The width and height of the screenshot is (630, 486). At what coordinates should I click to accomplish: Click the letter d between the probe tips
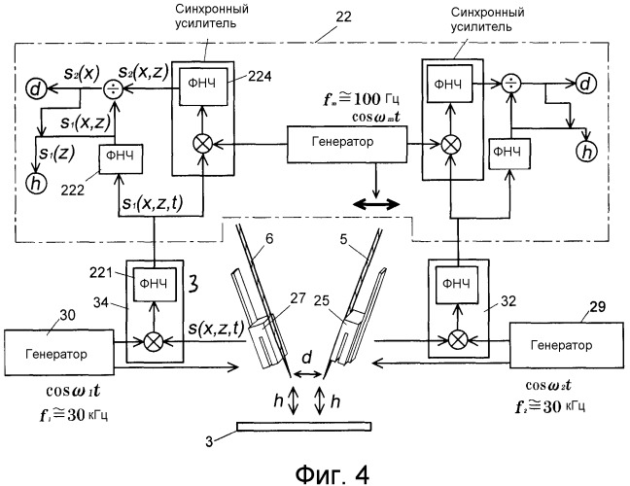pos(308,361)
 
